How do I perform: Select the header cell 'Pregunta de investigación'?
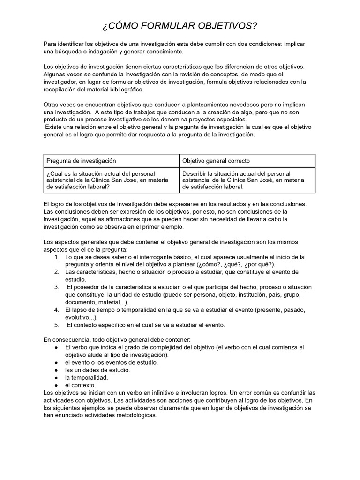pos(81,161)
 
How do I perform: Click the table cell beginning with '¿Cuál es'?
pos(111,180)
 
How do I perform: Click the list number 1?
pos(56,257)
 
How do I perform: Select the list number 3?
pos(56,287)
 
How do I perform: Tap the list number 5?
pos(56,325)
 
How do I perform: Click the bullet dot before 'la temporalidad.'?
pos(56,377)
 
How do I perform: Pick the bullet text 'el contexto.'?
pos(80,385)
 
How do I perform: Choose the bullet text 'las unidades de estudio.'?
pos(97,370)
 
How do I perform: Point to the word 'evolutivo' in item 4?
pos(79,317)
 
